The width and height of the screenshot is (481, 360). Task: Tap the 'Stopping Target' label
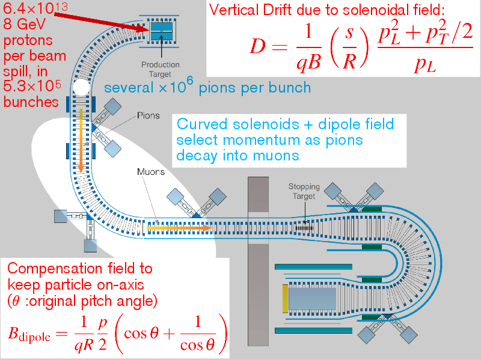[304, 191]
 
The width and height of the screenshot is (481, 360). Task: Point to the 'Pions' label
[148, 115]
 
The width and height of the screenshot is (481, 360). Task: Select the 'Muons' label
[151, 171]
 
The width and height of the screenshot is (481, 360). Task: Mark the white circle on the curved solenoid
[81, 90]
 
